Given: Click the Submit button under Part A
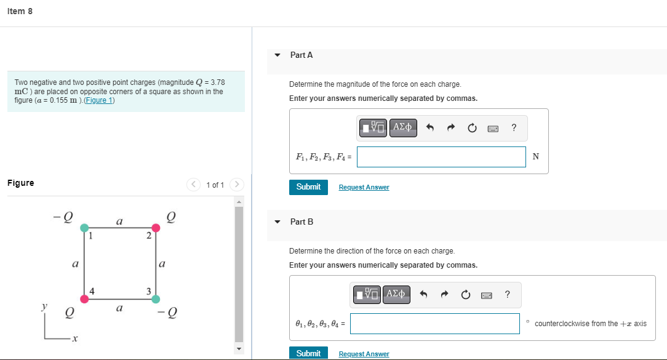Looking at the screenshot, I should tap(308, 187).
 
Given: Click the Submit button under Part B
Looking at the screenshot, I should tap(308, 353).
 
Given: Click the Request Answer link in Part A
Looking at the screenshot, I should tap(364, 187).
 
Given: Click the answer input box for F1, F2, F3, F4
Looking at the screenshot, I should tap(441, 157).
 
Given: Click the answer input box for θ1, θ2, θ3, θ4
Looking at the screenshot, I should tap(434, 324).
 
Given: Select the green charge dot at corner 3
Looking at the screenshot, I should tap(156, 299).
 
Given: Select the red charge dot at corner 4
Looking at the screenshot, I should tap(84, 299).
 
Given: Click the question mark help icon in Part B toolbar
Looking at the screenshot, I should tap(507, 294).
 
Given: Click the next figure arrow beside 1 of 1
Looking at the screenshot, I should tap(238, 185).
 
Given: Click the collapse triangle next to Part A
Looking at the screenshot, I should tap(277, 55).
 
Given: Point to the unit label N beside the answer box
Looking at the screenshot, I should tap(535, 157).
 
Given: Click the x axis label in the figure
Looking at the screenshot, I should tap(74, 339).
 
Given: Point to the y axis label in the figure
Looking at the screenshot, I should tap(44, 306).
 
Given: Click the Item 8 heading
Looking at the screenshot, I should tap(20, 11).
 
